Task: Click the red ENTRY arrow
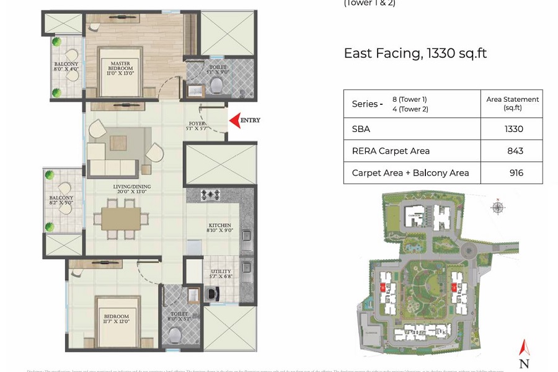pos(234,120)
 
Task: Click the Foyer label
pos(197,126)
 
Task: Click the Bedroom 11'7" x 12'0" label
pos(117,319)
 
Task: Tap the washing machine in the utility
pos(211,293)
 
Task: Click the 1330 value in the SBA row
pos(514,129)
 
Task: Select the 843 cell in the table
pos(515,151)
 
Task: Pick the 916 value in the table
pos(516,173)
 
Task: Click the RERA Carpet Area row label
pos(391,151)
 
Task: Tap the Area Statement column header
pos(512,103)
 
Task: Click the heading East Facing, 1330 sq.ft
pos(415,53)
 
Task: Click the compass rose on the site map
pos(497,207)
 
